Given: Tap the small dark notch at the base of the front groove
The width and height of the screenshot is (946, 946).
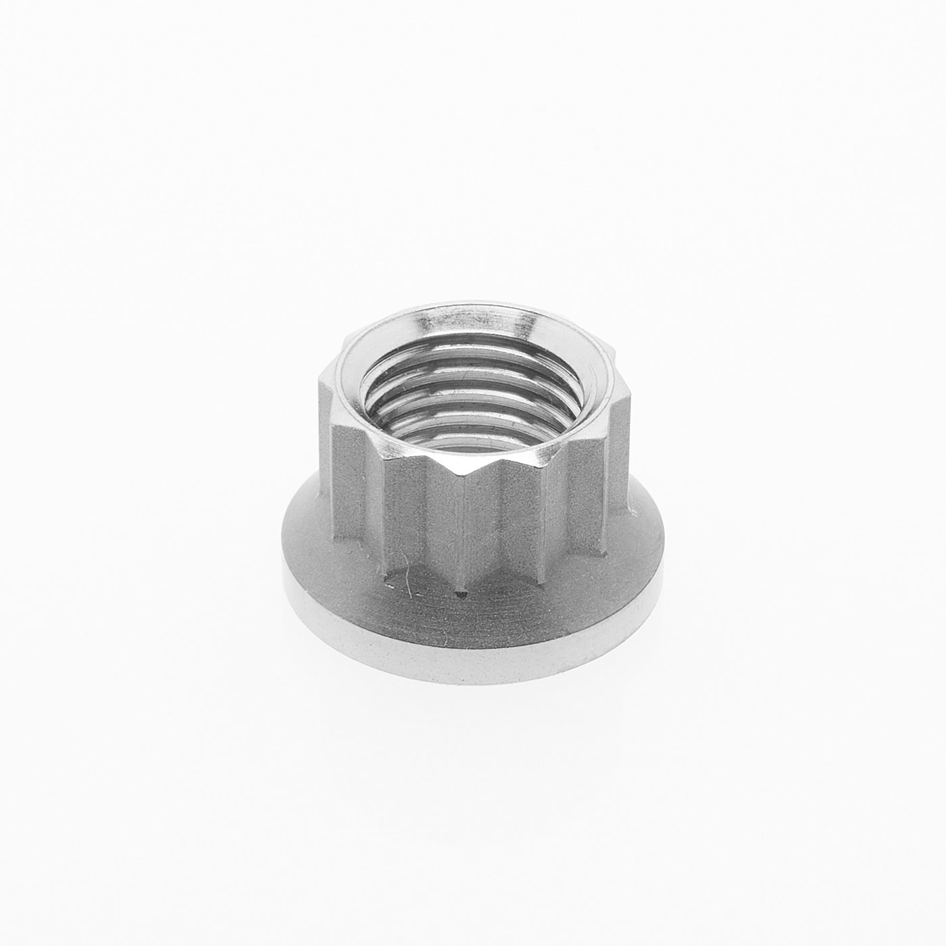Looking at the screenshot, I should tap(462, 595).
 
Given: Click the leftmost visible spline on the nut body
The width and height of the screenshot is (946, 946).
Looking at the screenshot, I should tap(328, 459).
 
